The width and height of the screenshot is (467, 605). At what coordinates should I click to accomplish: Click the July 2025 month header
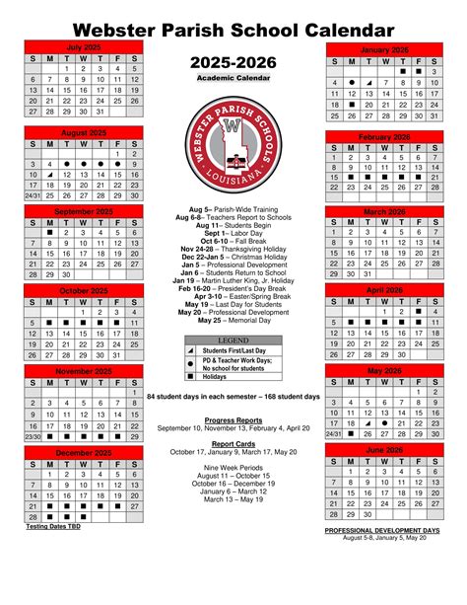tap(84, 45)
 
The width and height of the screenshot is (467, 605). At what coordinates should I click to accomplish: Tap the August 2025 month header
tap(84, 130)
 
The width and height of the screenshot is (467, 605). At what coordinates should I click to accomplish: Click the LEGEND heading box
tap(233, 340)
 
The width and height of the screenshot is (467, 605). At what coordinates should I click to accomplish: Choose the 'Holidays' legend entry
tap(216, 376)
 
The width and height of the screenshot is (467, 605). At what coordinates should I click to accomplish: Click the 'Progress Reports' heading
tap(233, 419)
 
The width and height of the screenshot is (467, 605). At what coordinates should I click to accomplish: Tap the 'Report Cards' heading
tap(233, 444)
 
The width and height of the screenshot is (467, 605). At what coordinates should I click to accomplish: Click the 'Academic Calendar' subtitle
tap(233, 77)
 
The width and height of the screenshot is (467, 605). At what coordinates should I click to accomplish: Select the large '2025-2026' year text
tap(233, 61)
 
